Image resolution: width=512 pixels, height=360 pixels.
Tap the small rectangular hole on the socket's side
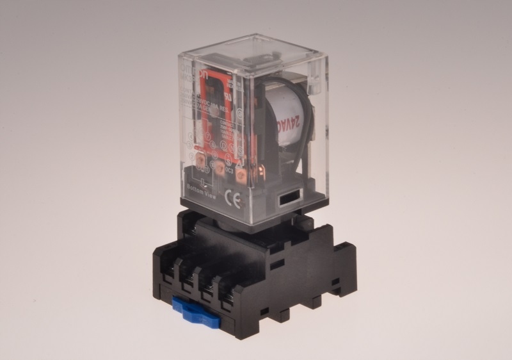tap(276, 264)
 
